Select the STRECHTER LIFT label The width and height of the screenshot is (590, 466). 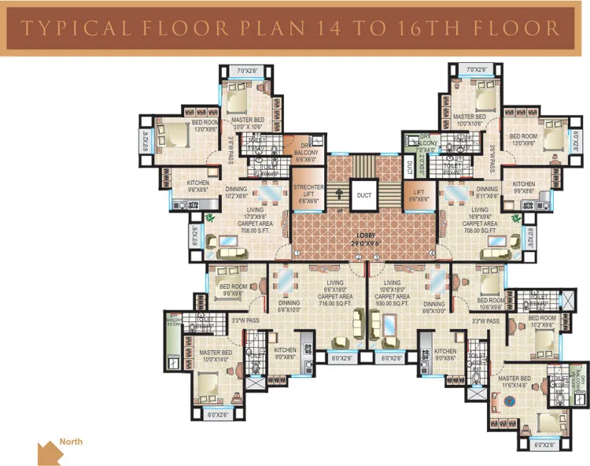click(308, 194)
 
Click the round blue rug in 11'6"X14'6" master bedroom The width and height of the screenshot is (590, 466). click(508, 401)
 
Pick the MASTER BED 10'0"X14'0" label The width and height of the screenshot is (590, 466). click(215, 356)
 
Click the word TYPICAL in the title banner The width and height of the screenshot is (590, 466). click(65, 29)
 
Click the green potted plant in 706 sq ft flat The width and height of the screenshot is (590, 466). click(515, 217)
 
